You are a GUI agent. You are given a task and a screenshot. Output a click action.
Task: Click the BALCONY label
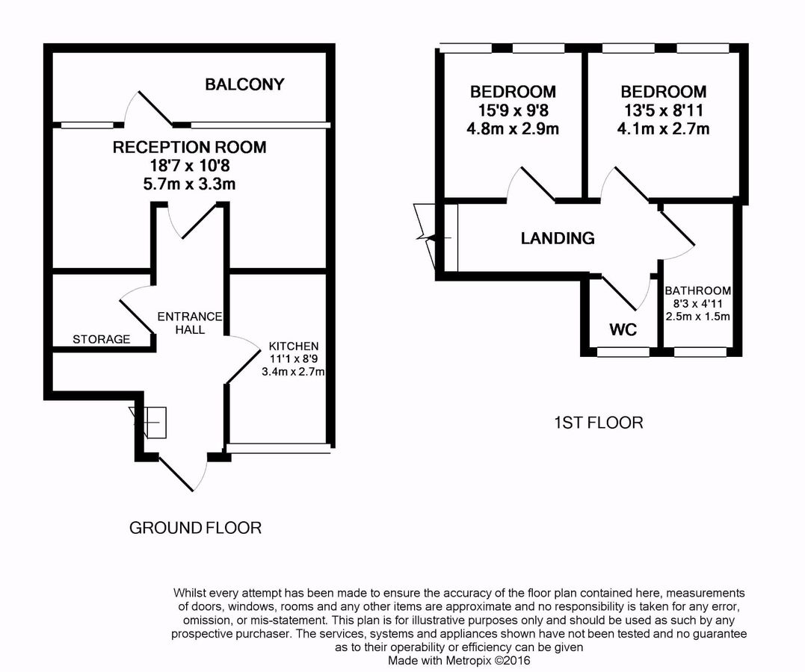click(244, 84)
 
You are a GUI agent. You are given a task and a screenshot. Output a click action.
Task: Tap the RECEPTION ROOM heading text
click(189, 147)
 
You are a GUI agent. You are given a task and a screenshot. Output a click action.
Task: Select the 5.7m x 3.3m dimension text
click(189, 184)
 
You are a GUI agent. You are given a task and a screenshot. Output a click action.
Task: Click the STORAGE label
click(101, 339)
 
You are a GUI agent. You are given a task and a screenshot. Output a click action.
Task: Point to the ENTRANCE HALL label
click(190, 323)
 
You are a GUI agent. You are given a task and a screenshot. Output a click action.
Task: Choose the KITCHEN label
click(294, 346)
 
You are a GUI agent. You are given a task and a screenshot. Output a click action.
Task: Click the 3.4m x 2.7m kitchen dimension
click(294, 371)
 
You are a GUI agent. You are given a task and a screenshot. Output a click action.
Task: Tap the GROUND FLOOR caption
click(195, 528)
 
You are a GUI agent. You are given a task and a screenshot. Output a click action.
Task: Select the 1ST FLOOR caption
click(597, 423)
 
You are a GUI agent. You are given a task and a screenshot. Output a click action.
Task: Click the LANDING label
click(558, 238)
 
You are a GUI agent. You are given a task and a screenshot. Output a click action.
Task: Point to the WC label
click(623, 329)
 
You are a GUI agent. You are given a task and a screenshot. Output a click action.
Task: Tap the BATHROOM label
click(698, 290)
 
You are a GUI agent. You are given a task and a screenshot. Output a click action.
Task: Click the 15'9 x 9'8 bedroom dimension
click(513, 110)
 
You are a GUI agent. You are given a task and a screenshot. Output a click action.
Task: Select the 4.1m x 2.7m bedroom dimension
click(663, 128)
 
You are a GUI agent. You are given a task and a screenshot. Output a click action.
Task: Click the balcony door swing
click(149, 108)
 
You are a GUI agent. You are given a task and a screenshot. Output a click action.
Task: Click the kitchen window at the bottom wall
click(278, 448)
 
